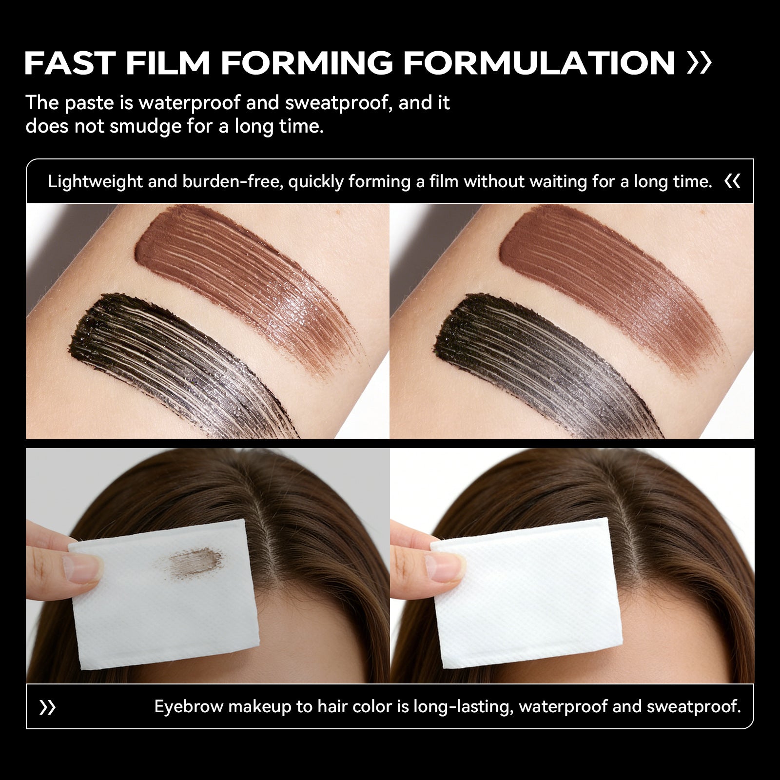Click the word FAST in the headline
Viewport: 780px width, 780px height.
(x=70, y=63)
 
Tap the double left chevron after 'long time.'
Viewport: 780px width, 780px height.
(x=733, y=182)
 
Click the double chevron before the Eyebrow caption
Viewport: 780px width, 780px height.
(x=47, y=707)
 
